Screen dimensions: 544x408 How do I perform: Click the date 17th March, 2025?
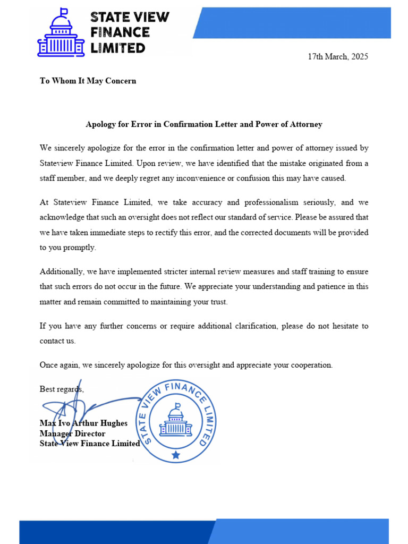point(338,57)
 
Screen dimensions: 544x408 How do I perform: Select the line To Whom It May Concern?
point(88,81)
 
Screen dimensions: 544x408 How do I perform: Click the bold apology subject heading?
point(204,124)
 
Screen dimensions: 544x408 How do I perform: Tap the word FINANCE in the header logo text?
point(120,32)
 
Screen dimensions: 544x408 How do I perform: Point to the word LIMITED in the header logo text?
point(117,48)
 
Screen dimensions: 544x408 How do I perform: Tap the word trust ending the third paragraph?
point(217,302)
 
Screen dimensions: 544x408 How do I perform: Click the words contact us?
point(57,341)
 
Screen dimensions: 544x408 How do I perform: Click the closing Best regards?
point(61,389)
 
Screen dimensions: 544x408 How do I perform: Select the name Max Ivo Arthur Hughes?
point(83,423)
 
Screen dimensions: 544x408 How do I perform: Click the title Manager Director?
point(72,433)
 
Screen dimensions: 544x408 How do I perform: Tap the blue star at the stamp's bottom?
point(176,455)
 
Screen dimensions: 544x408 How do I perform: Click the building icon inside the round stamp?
point(176,421)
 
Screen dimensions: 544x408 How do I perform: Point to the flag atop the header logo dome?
point(64,12)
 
